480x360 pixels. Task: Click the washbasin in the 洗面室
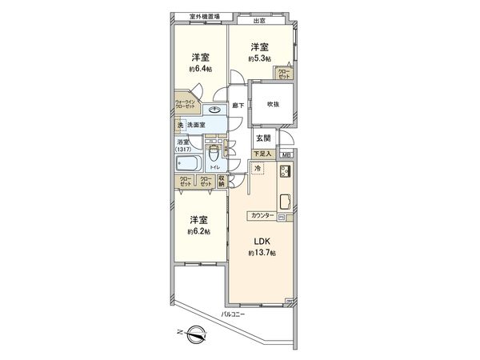point(215,111)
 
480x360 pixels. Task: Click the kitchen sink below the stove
point(285,200)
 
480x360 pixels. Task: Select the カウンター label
point(262,216)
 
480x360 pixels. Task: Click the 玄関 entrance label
point(262,139)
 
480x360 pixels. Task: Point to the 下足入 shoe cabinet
point(262,153)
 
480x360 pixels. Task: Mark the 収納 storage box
point(222,180)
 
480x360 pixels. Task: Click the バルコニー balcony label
point(234,314)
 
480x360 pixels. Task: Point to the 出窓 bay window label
point(259,21)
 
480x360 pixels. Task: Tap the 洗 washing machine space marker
point(181,126)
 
